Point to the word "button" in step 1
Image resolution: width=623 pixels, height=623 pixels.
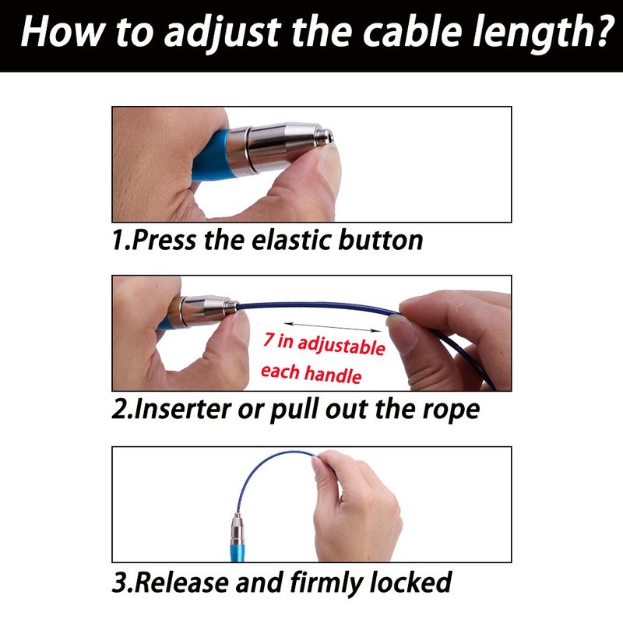[380, 241]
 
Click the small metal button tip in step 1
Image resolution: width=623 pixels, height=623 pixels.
[326, 137]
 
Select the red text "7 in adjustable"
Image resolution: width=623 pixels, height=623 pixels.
[324, 343]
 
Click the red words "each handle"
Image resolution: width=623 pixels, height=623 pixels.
[311, 374]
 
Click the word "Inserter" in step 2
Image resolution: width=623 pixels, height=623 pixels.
[182, 410]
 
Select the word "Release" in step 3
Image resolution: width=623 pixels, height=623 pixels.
[182, 583]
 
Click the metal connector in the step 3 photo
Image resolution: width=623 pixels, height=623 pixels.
[238, 530]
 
